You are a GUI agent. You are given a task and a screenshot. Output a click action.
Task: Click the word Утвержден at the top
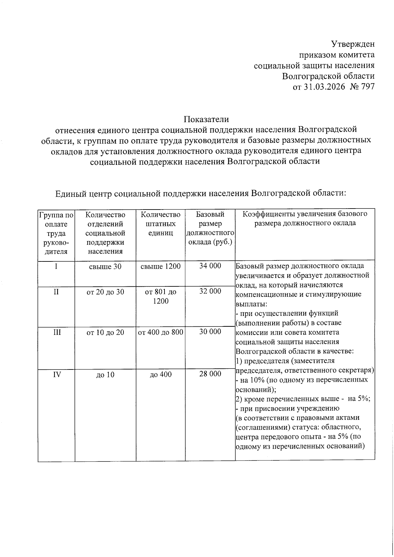[353, 44]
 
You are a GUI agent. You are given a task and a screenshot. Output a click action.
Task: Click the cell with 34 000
[210, 266]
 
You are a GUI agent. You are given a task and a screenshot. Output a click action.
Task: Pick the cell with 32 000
[210, 291]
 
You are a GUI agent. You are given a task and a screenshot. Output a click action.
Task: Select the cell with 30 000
[210, 332]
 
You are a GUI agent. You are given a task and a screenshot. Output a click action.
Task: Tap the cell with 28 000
[210, 374]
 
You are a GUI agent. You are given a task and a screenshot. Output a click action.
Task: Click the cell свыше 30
[105, 267]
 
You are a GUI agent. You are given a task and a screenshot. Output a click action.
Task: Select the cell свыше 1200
[161, 267]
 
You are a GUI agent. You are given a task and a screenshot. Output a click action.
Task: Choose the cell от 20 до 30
[105, 292]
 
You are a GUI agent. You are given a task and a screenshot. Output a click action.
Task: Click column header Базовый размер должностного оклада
[210, 229]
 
